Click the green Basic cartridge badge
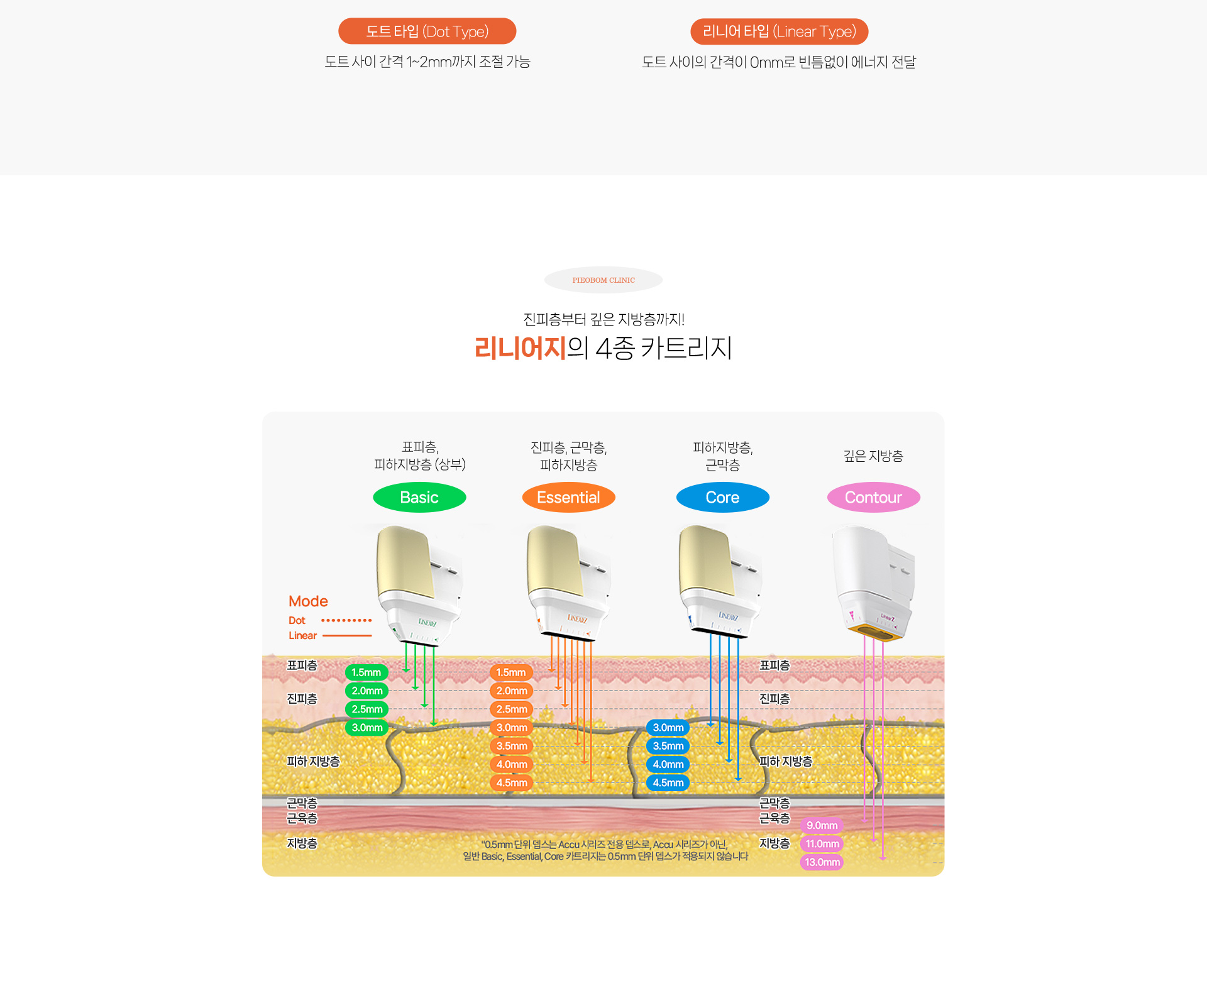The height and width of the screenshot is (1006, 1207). [419, 498]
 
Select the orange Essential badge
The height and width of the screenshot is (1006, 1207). [568, 498]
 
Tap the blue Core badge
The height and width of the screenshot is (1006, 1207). [722, 498]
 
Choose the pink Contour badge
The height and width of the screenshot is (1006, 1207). [873, 498]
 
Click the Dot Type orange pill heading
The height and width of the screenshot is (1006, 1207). [427, 31]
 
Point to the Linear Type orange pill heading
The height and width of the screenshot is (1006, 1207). [779, 31]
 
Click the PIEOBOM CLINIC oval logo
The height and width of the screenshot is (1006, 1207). [603, 280]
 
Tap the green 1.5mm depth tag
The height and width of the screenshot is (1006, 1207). [367, 672]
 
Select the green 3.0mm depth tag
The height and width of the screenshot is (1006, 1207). [367, 728]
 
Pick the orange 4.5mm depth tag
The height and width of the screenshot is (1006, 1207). [512, 783]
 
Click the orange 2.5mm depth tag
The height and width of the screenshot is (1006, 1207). [512, 709]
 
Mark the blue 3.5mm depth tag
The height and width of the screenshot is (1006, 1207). [668, 746]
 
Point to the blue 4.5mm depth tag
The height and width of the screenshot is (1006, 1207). [668, 783]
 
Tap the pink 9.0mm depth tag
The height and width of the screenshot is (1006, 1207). [822, 826]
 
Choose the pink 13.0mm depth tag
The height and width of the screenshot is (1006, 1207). [822, 862]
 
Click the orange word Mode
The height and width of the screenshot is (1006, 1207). [308, 601]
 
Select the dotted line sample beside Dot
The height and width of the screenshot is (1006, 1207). [346, 620]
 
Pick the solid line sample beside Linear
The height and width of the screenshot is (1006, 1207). [347, 636]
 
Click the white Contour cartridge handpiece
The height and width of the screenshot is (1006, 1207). [874, 581]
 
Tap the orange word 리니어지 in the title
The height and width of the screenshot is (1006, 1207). [520, 348]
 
